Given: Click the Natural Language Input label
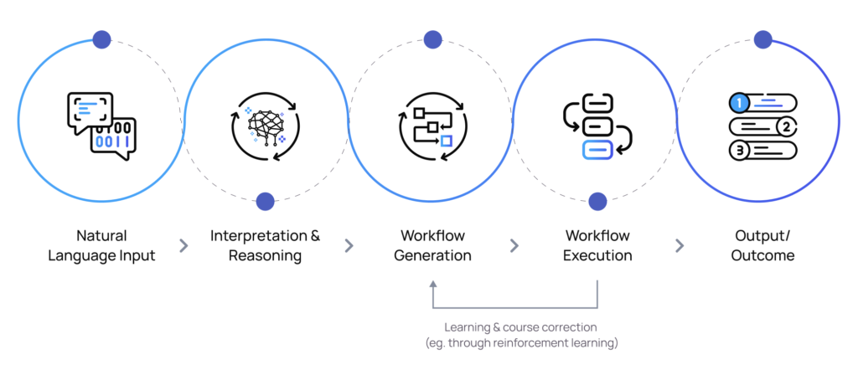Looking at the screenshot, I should click(x=101, y=245).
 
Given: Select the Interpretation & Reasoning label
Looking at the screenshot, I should click(x=265, y=245).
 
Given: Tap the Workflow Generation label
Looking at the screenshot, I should click(x=432, y=245).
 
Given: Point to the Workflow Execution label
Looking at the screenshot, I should click(x=597, y=245).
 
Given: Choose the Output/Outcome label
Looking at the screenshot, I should click(x=762, y=245).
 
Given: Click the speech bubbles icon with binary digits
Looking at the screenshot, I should click(x=100, y=126).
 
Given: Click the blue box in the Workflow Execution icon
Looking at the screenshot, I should click(x=597, y=150).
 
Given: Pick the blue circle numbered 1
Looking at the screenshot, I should click(x=739, y=103).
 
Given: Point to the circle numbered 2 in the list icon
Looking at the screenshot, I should click(x=786, y=127).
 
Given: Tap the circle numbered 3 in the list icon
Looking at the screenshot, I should click(x=739, y=151).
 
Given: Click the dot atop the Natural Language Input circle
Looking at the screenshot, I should click(x=101, y=39).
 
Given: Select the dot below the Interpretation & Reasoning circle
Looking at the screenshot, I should click(x=266, y=201).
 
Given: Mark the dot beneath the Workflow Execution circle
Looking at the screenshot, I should click(x=597, y=201).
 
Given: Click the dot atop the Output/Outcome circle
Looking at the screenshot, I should click(x=762, y=39).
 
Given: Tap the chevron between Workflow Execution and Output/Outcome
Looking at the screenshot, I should click(x=680, y=245).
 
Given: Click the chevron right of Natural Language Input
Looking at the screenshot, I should click(x=183, y=245).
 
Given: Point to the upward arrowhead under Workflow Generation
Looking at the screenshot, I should click(x=433, y=285).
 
